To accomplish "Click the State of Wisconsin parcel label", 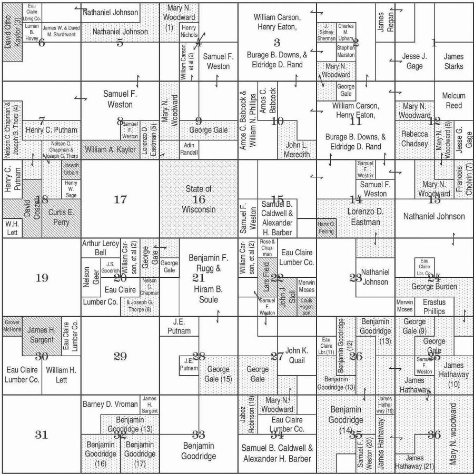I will [x=198, y=199].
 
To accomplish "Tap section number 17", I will [x=120, y=199].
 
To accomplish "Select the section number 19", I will [x=42, y=278].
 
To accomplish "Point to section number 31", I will [x=42, y=434].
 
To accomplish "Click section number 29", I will [x=120, y=356].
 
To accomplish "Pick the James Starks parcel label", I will [x=453, y=62].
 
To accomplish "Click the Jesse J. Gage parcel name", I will [x=413, y=62].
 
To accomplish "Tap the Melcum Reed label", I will [x=453, y=100].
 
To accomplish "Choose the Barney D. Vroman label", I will [x=110, y=404].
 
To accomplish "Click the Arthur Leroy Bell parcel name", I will [x=100, y=248].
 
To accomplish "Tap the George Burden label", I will [x=434, y=287].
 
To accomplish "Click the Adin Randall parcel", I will [x=189, y=148].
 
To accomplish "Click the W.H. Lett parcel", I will [x=13, y=228].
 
